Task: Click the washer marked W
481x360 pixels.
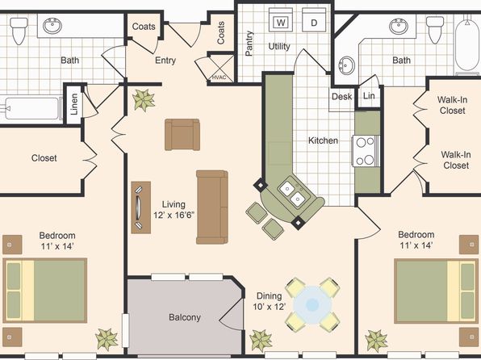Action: click(x=281, y=20)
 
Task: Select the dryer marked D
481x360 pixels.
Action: click(x=314, y=20)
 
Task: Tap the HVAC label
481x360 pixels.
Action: click(x=219, y=77)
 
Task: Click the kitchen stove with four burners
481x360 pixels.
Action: click(x=366, y=151)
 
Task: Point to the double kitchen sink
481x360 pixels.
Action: click(x=292, y=194)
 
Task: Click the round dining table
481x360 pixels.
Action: click(x=312, y=305)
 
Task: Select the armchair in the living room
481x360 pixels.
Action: click(x=182, y=135)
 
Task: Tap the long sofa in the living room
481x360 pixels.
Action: click(x=212, y=207)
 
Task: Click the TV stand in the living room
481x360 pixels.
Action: click(x=140, y=207)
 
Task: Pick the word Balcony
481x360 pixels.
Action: click(x=185, y=317)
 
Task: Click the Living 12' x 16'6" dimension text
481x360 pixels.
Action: click(x=174, y=210)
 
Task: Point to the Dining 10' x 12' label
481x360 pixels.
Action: click(x=269, y=301)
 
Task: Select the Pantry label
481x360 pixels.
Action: click(x=249, y=44)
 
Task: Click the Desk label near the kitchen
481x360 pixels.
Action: click(x=341, y=97)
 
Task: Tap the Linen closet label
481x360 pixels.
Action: click(x=74, y=104)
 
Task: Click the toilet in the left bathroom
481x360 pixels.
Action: click(x=19, y=31)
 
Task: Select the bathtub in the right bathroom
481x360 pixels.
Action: click(x=467, y=44)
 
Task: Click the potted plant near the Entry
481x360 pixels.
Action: click(x=144, y=100)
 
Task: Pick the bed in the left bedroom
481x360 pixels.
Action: click(x=45, y=291)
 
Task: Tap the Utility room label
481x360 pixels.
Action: click(x=279, y=47)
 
